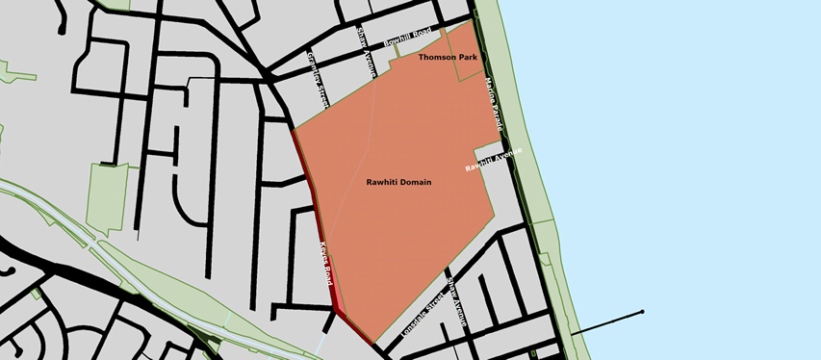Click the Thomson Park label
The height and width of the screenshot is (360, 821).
click(x=448, y=58)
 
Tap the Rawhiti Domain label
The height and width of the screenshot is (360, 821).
click(x=398, y=182)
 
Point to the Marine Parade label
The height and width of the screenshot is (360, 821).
click(x=495, y=105)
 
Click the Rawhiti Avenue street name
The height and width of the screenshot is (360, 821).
click(x=494, y=160)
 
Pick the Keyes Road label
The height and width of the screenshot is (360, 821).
click(x=327, y=264)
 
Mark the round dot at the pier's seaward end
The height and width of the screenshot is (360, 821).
click(x=642, y=312)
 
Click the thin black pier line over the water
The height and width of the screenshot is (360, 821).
click(x=606, y=323)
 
